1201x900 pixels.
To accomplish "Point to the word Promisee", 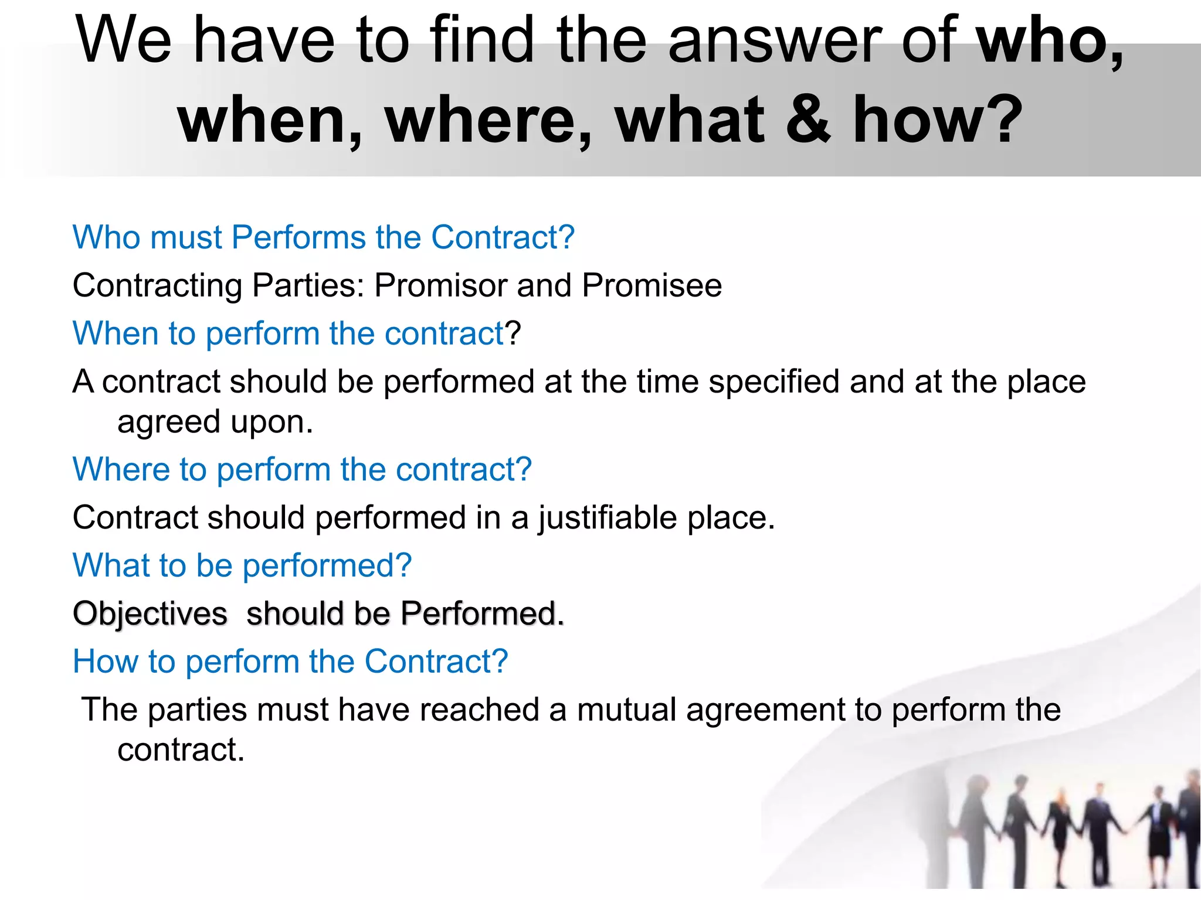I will click(652, 285).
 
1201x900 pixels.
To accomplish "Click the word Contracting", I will click(157, 287).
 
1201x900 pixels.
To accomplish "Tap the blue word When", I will click(115, 333).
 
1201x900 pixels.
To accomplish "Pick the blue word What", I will click(108, 565).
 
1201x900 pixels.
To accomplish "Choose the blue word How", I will click(105, 662).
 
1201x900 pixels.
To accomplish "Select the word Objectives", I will click(150, 615).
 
